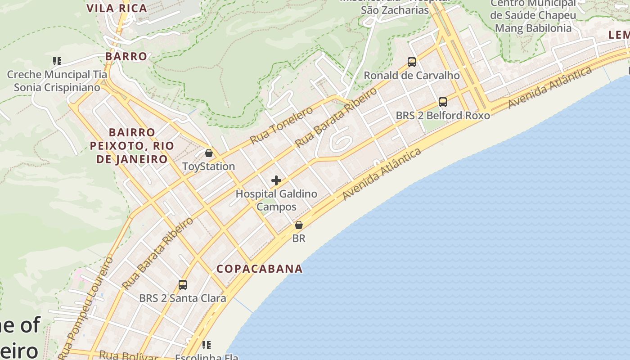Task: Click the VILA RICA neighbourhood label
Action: [117, 8]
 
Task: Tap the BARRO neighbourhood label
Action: [126, 56]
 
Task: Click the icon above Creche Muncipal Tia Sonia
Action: [57, 61]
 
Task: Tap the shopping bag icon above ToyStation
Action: [208, 153]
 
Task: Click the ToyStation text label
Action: [209, 166]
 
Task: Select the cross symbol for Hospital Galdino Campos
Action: [276, 181]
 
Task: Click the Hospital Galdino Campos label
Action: [276, 200]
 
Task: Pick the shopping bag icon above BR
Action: [299, 225]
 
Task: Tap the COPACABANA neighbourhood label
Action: [260, 269]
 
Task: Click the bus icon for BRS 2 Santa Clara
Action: [182, 285]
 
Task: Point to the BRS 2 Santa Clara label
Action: [182, 298]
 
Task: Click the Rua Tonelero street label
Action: [281, 125]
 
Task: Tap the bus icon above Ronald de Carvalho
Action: [411, 62]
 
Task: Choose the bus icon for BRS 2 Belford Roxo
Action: [443, 102]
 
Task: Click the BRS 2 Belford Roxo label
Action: [443, 116]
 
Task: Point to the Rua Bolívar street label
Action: [128, 355]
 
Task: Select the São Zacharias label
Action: [395, 10]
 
